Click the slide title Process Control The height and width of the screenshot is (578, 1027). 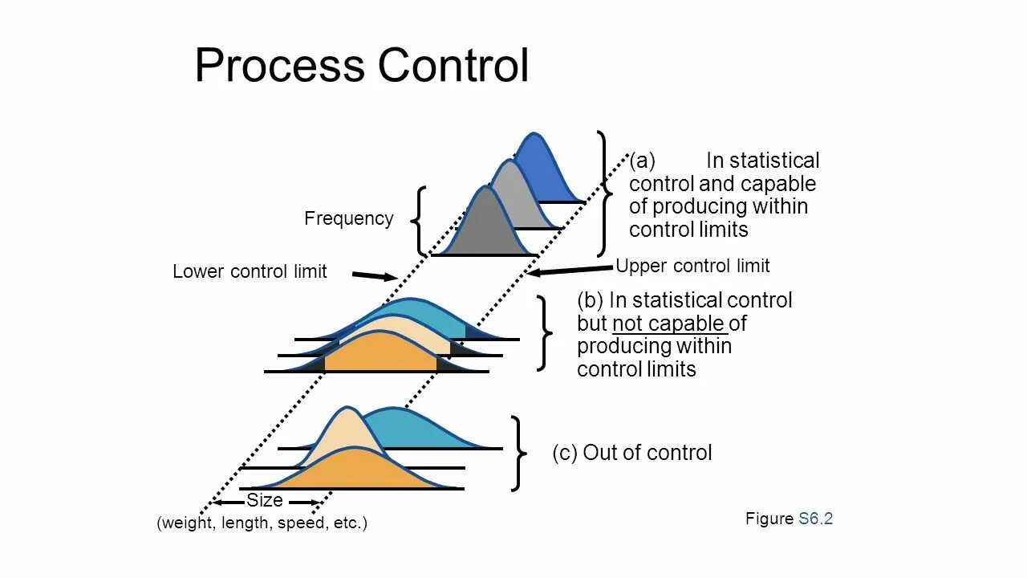(361, 65)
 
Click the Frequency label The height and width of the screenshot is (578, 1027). (348, 218)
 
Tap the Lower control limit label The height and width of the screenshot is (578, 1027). (250, 271)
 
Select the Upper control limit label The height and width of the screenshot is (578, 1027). (692, 266)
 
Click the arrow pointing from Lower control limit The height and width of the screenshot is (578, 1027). (375, 276)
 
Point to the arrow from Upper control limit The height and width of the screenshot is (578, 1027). (570, 270)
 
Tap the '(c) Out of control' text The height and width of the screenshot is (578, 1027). (632, 453)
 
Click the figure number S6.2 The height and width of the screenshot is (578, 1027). (816, 519)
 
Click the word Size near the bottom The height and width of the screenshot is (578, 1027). (264, 501)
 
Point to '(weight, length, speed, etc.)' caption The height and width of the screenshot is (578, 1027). (262, 523)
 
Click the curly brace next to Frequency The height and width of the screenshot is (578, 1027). (418, 222)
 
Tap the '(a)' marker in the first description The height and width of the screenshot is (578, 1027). (642, 161)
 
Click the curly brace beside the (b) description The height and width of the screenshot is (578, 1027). (545, 333)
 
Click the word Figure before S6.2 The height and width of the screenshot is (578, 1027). (769, 519)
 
